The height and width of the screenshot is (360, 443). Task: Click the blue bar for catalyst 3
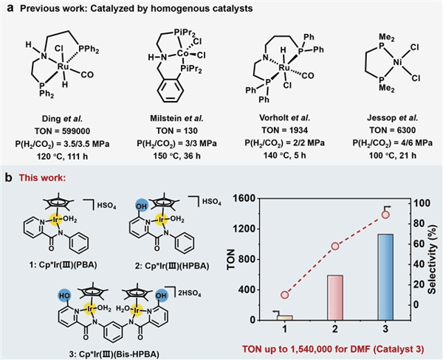coord(385,277)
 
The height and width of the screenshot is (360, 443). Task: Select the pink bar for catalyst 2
coord(335,297)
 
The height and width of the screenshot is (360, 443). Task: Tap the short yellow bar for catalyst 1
coord(284,318)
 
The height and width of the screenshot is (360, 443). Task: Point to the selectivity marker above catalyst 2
coord(335,246)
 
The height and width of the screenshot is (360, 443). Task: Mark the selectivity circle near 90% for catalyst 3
coord(385,215)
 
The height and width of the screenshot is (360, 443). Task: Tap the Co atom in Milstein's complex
coord(182,53)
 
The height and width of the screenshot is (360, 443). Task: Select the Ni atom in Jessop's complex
coord(397,62)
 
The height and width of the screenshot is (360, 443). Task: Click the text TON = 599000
coord(63,131)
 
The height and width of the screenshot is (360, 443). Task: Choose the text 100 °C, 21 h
coord(393,156)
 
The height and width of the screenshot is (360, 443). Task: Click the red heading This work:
coord(42,178)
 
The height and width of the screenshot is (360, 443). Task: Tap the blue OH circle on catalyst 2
coord(142,206)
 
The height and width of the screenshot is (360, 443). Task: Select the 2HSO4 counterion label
coord(189,294)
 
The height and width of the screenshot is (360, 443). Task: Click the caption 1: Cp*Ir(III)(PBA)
coord(63,265)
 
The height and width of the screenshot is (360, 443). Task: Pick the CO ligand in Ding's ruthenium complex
coord(87,75)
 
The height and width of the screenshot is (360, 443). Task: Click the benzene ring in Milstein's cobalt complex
coord(171,91)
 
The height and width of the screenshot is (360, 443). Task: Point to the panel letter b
coord(9,179)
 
